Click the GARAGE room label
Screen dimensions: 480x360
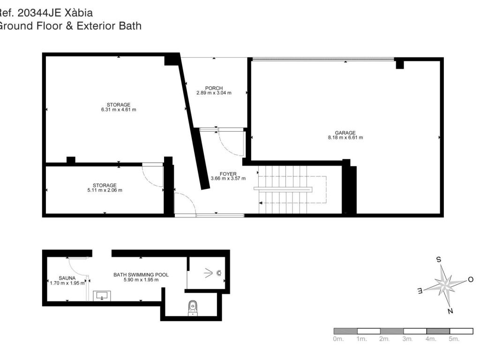[345, 133]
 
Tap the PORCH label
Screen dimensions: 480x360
[214, 88]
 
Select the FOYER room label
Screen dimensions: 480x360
[228, 174]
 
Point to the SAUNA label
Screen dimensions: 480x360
[67, 278]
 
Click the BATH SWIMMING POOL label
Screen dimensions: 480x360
[141, 275]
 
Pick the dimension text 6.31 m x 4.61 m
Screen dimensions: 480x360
[119, 110]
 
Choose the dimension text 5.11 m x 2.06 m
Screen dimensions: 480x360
[105, 190]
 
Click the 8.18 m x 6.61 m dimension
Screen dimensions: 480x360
[345, 138]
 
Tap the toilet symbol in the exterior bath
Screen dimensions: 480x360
[193, 307]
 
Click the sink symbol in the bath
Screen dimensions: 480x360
[102, 296]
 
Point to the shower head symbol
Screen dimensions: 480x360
[219, 273]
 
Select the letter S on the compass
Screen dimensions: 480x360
[439, 260]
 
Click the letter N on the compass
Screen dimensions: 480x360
[450, 311]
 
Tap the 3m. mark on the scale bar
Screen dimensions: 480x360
[407, 339]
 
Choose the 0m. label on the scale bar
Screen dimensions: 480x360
[338, 339]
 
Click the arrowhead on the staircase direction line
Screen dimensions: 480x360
[261, 202]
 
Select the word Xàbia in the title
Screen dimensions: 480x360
[79, 13]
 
